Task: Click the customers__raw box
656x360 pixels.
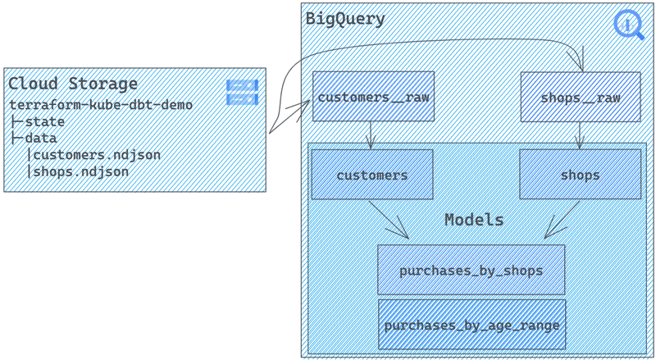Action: pyautogui.click(x=372, y=97)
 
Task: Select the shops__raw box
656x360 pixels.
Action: pyautogui.click(x=581, y=97)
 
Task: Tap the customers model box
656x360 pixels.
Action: pyautogui.click(x=371, y=175)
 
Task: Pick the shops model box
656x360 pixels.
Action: pyautogui.click(x=580, y=175)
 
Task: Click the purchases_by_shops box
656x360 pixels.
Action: pyautogui.click(x=471, y=270)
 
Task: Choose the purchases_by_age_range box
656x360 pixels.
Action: pyautogui.click(x=471, y=325)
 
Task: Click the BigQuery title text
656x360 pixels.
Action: pyautogui.click(x=344, y=19)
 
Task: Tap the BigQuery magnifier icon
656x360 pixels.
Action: pyautogui.click(x=629, y=25)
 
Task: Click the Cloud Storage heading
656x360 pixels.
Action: pyautogui.click(x=73, y=84)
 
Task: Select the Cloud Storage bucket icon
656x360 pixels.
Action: pyautogui.click(x=242, y=92)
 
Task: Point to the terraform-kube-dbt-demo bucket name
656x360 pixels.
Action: pyautogui.click(x=101, y=105)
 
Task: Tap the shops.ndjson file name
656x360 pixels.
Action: pyautogui.click(x=80, y=171)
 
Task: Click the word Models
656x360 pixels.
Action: pyautogui.click(x=474, y=220)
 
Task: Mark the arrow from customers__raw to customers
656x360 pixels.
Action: pyautogui.click(x=371, y=134)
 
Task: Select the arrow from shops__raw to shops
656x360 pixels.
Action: pyautogui.click(x=580, y=134)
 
